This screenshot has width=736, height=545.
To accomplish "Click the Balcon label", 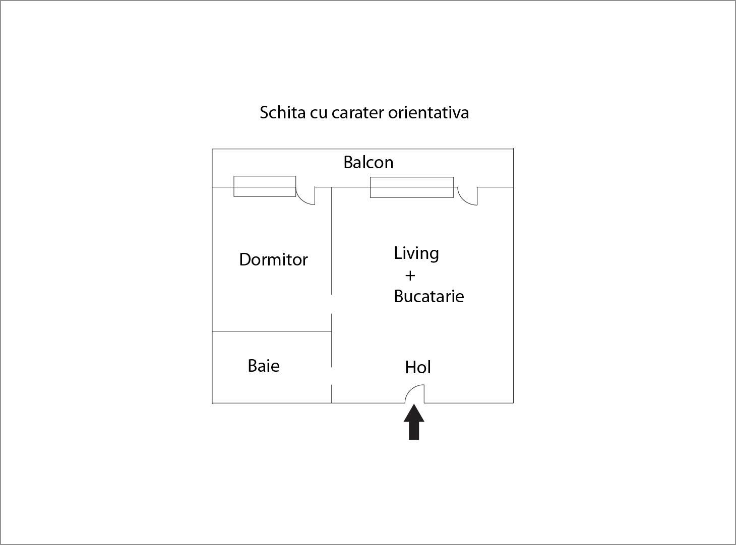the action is [369, 162].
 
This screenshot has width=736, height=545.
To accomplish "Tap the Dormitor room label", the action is [273, 259].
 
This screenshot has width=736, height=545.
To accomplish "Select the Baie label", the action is [264, 366].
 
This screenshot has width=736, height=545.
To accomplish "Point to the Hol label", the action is [418, 367].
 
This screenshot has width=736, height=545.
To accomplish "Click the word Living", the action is [416, 254].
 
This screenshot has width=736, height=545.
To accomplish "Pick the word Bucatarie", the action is [428, 296].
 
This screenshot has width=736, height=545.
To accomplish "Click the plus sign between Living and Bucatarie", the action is [410, 276].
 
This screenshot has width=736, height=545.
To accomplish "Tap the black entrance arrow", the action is [414, 422].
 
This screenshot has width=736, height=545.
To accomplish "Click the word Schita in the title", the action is [282, 112].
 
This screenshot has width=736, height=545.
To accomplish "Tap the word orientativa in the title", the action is [428, 112].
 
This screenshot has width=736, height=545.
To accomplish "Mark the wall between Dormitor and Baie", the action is [272, 331].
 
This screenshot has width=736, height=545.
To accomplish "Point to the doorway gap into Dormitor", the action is [332, 304].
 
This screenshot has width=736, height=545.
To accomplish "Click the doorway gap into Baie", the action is [332, 375].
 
